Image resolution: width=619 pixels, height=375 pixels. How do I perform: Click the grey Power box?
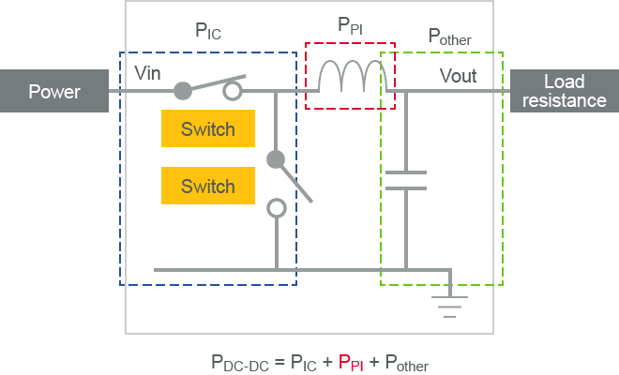point(53,91)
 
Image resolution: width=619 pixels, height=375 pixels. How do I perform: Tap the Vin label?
point(149,72)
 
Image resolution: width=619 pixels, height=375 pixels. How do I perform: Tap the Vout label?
point(458,76)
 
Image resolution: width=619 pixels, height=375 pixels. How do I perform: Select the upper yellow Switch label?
point(208,129)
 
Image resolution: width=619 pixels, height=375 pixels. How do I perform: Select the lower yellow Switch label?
point(208,186)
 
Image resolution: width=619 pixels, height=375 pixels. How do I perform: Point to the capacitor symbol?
point(405,180)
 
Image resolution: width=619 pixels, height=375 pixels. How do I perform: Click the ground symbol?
point(451,297)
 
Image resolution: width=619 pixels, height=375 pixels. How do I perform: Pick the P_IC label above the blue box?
point(208,31)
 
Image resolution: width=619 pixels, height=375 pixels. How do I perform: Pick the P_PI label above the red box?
point(351,25)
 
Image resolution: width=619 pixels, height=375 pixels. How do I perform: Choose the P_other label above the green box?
point(449,37)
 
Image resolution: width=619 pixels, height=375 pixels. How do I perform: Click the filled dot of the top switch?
point(184,91)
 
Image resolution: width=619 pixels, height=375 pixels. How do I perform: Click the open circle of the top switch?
point(231,91)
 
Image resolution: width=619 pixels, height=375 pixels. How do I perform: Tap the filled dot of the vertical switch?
point(276,159)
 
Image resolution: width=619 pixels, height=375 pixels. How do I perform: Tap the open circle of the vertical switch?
point(276,208)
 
